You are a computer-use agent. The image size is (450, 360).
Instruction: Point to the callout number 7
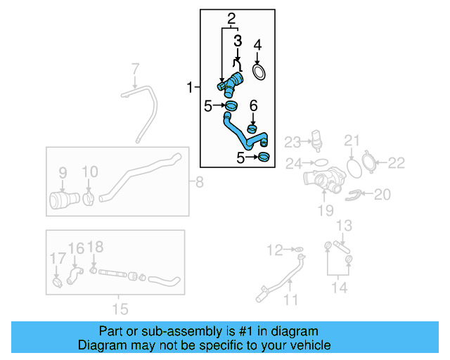136,69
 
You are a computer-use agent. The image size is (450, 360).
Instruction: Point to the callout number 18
96,246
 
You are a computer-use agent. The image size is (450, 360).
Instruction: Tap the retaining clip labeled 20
356,195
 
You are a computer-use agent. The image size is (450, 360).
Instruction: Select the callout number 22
397,163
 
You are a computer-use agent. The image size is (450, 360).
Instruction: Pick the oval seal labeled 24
319,162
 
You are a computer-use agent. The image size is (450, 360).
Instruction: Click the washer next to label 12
298,249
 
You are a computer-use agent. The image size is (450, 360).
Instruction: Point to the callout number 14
339,287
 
